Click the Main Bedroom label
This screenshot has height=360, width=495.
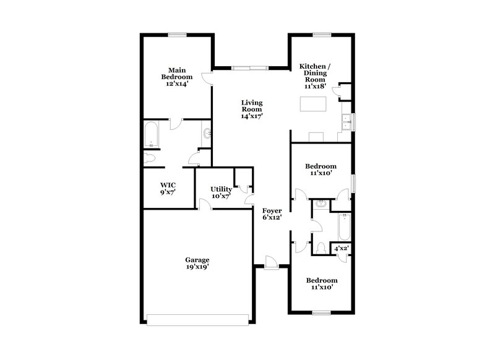(x=177, y=77)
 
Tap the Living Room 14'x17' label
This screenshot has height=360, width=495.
(x=252, y=109)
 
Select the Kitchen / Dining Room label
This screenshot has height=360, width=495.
(x=315, y=77)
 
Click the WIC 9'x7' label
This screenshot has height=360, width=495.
(x=168, y=188)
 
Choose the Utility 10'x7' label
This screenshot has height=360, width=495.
(x=221, y=192)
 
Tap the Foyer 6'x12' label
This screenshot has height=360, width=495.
(x=272, y=214)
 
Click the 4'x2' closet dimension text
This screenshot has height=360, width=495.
(x=342, y=248)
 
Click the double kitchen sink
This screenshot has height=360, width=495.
(x=345, y=121)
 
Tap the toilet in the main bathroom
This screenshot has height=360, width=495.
(x=150, y=158)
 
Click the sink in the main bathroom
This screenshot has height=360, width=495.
(x=207, y=132)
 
